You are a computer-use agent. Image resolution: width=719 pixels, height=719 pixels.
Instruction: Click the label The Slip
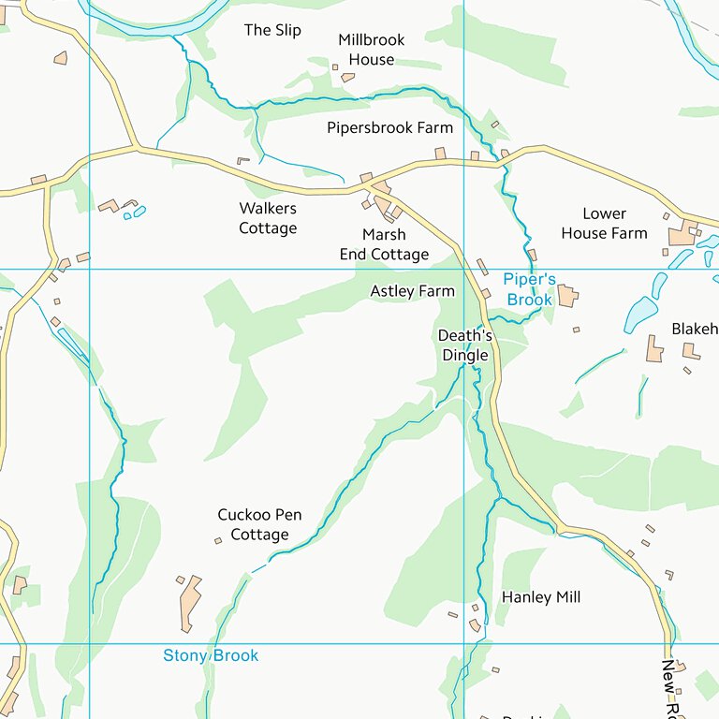pos(272,30)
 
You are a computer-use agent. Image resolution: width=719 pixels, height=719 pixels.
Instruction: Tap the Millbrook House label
pos(372,50)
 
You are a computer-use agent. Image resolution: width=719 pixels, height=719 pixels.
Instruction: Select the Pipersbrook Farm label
pos(389,127)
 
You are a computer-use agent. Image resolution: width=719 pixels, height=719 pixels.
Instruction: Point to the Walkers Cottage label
pos(268,218)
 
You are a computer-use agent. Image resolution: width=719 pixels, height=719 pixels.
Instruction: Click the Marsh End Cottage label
pos(384,244)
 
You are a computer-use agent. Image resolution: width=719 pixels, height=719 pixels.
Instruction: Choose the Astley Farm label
pos(412,291)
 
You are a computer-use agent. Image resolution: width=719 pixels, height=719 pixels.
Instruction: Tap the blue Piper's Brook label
pos(529,289)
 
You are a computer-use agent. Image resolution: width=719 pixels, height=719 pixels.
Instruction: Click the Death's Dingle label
pos(465,345)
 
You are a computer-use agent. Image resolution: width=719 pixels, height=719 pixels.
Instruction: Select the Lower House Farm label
pos(604,223)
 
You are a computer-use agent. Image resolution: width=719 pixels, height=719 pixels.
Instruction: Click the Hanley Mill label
pos(541,597)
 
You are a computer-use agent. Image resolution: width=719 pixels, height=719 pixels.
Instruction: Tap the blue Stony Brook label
pos(211,655)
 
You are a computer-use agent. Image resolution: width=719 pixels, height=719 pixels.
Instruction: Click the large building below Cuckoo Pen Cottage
pos(190,602)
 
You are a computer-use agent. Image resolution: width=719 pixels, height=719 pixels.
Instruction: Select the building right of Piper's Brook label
pos(567,297)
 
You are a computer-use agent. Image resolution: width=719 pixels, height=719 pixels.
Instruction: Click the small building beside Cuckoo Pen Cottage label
pos(218,540)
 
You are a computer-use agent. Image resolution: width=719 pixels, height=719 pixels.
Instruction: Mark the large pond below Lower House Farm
pos(640,314)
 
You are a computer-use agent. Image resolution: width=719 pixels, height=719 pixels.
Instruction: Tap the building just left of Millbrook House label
pos(335,66)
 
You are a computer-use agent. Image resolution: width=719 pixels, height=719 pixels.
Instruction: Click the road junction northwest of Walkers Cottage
pos(138,147)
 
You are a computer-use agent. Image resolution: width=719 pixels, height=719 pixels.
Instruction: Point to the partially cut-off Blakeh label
pos(694,329)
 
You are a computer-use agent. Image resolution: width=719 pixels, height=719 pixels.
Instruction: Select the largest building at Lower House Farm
pos(682,236)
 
